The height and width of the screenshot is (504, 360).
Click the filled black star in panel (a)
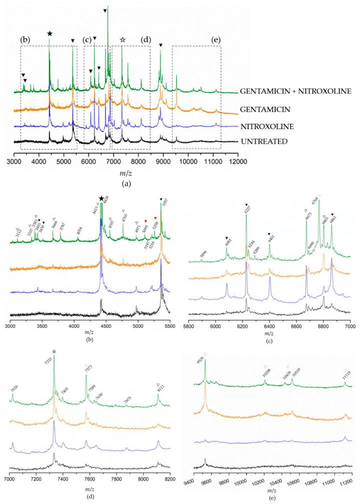[x=49, y=34]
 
